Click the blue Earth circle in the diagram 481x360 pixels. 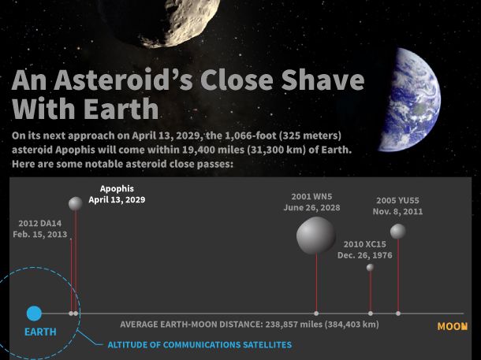click(34, 314)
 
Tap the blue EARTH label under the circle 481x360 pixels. click(40, 332)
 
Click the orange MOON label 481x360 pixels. click(452, 326)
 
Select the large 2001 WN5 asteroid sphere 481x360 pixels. click(316, 236)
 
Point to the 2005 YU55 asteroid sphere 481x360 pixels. click(398, 231)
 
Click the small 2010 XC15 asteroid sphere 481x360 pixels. click(371, 268)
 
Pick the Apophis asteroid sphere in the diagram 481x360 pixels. click(75, 203)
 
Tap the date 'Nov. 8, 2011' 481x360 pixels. click(398, 212)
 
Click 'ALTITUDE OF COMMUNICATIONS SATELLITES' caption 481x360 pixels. click(199, 345)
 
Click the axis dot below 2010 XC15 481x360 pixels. click(371, 314)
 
